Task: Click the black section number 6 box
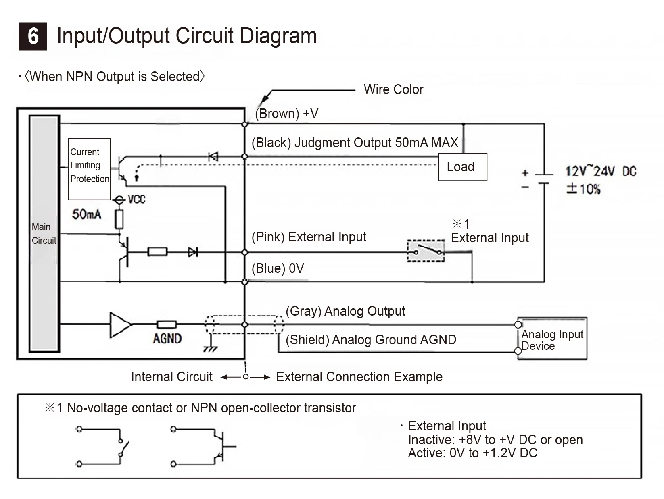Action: point(33,36)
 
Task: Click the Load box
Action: point(463,167)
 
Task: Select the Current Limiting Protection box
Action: point(89,169)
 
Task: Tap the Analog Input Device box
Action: point(552,339)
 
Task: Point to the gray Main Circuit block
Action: point(44,234)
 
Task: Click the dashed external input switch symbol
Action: point(426,251)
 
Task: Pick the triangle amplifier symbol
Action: point(121,325)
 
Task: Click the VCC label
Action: point(136,200)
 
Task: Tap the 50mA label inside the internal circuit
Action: point(86,214)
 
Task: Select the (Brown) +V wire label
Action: point(286,114)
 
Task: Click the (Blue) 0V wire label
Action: point(278,268)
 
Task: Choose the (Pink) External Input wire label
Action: point(309,237)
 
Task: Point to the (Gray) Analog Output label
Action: point(345,311)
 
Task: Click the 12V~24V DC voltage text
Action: point(601,171)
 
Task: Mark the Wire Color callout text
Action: point(394,89)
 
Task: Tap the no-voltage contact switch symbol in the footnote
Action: point(103,447)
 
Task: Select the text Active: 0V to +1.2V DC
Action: point(472,453)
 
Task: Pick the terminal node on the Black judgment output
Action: point(245,156)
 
